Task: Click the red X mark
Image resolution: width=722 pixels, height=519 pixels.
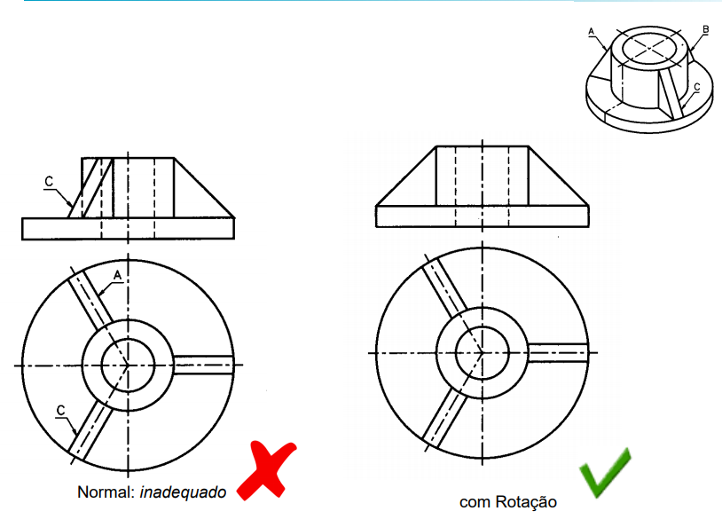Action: coord(266,470)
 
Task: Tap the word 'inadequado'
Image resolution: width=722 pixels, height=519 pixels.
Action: coord(183,492)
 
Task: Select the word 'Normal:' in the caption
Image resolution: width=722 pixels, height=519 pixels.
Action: coord(106,491)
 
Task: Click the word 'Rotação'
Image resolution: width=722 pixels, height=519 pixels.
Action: coord(525,501)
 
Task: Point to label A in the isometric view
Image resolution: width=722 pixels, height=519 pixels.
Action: coord(592,31)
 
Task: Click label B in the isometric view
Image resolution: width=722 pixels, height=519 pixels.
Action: coord(705,29)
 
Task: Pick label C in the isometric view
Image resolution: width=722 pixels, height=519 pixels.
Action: coord(696,87)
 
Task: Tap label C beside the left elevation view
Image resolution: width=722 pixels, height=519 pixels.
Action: coord(49,182)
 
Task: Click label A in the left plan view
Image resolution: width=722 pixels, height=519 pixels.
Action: coord(117,275)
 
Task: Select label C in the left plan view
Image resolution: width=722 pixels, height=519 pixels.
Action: coord(61,410)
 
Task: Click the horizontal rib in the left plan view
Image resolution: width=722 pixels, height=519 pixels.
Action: coord(204,365)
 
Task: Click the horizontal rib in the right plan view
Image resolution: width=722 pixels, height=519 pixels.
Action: coord(558,353)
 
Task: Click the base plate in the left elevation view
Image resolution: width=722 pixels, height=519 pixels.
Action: coord(128,229)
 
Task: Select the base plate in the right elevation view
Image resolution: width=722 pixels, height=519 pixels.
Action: coord(483,216)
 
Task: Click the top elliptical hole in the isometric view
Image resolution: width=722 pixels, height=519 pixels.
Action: coord(649,47)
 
